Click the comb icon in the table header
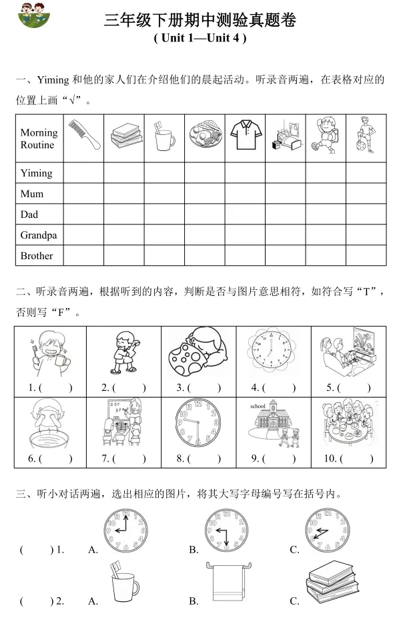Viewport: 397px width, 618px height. [83, 134]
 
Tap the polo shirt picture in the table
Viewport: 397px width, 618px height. [244, 134]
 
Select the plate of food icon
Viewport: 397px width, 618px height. [204, 136]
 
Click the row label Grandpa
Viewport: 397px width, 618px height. [39, 235]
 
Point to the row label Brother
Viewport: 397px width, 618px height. [37, 256]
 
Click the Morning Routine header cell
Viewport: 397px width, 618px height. [39, 138]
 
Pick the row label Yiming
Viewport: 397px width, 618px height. [36, 173]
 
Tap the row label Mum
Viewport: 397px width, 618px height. [32, 194]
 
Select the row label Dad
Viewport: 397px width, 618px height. [29, 214]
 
